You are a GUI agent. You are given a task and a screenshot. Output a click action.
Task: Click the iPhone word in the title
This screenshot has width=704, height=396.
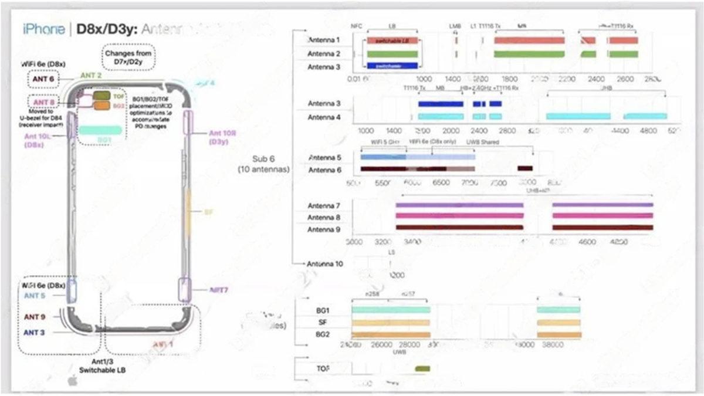pos(43,29)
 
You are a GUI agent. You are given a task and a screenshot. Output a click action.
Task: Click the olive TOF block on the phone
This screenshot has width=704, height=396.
pos(101,95)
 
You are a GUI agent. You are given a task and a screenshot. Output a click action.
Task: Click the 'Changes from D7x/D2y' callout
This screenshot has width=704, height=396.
pos(128,57)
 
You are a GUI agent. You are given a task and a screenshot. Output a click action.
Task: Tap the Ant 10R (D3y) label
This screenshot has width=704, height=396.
pos(223,137)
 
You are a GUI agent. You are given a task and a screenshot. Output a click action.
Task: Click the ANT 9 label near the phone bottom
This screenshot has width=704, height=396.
pos(35,317)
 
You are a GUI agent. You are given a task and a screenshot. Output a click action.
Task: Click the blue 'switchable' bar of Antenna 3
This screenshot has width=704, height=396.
pos(392,66)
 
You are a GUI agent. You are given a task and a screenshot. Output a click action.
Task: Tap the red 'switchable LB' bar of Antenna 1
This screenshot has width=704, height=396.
pos(392,40)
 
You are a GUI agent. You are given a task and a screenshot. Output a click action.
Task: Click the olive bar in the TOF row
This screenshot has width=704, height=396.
pos(422,369)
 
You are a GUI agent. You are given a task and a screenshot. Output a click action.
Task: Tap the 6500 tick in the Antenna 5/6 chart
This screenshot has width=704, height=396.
pos(441,183)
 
